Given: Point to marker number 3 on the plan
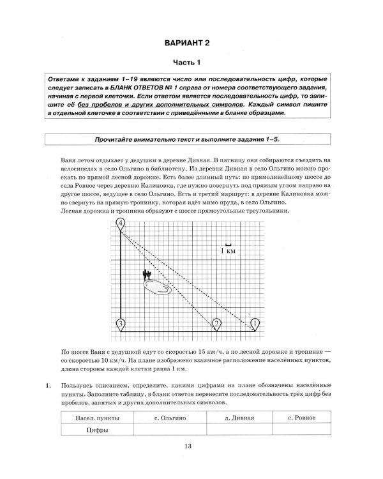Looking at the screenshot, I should click(x=121, y=324).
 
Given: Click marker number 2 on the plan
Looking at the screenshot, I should click(x=217, y=324).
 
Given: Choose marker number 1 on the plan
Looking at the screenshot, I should click(x=255, y=324).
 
